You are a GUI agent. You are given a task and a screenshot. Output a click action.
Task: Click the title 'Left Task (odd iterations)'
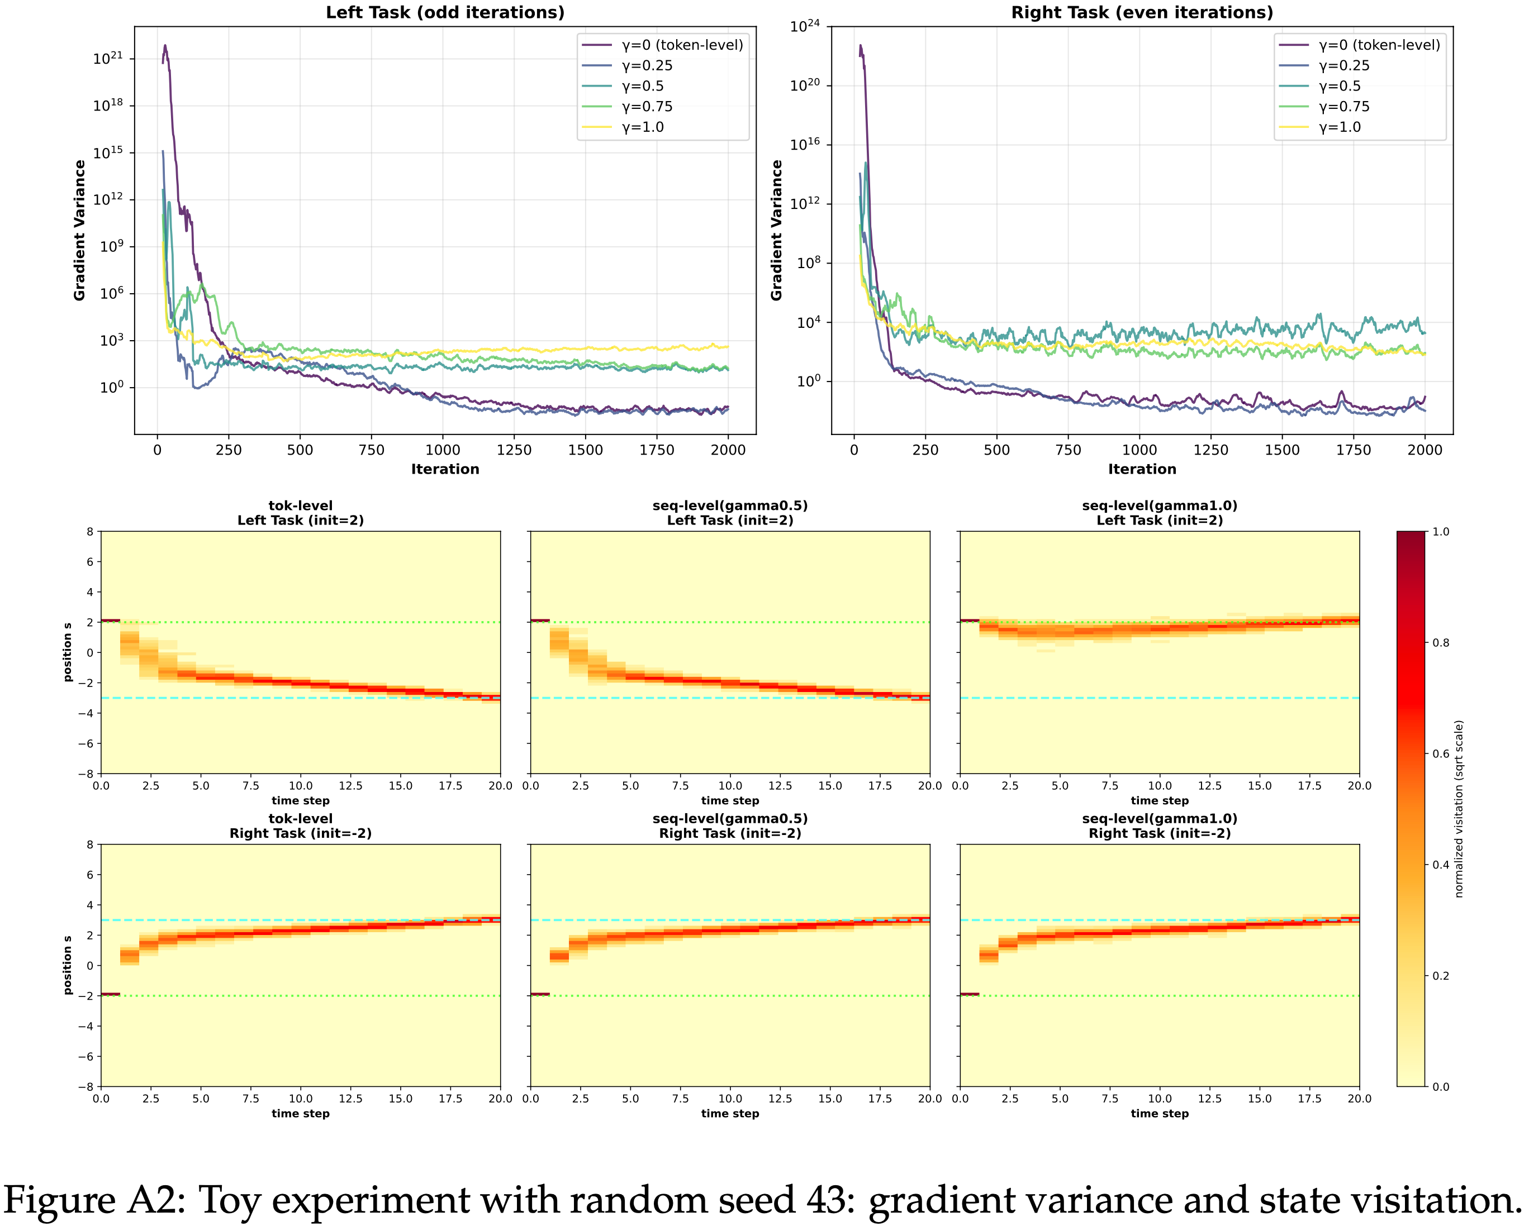tap(445, 13)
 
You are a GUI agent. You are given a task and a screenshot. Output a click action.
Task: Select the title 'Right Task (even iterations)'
tap(1142, 13)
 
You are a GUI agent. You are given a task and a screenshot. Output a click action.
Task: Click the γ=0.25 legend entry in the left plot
tap(647, 66)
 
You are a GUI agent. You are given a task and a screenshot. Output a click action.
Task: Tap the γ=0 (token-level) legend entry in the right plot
tap(1379, 45)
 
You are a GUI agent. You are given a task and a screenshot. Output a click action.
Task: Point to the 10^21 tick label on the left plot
tap(108, 58)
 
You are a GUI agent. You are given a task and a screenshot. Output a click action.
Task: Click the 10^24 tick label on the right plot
tap(805, 27)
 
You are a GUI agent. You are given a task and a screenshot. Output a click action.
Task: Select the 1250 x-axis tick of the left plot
tap(514, 450)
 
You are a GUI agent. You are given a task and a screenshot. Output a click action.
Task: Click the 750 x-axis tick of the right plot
tap(1068, 450)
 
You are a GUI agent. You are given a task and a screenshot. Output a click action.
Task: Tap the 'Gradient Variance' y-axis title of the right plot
tap(777, 231)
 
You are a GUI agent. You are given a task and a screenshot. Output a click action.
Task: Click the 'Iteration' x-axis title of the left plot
tap(445, 469)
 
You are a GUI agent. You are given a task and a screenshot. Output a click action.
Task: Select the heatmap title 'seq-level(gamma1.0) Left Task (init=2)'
tap(1160, 513)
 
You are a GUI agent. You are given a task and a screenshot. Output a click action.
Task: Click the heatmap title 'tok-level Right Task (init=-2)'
tap(300, 826)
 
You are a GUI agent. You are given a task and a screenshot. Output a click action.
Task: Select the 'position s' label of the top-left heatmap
tap(68, 652)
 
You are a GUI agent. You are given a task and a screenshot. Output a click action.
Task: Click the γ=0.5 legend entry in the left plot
tap(642, 87)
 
